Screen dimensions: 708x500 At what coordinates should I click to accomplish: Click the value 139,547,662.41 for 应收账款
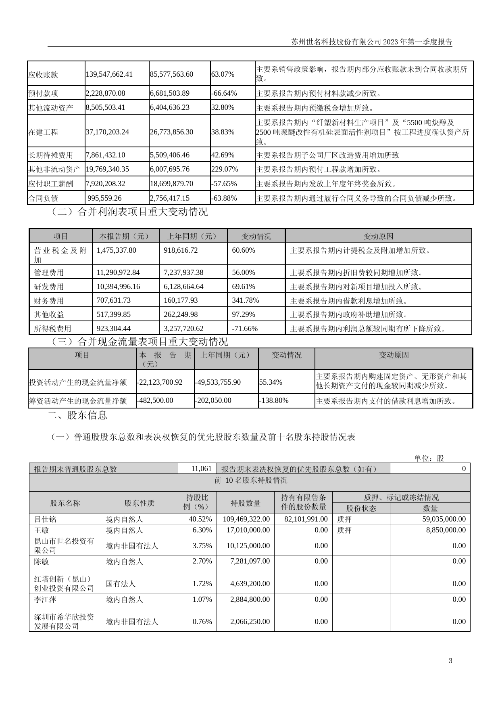click(x=109, y=74)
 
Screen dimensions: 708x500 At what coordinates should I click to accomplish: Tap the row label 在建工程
click(x=43, y=132)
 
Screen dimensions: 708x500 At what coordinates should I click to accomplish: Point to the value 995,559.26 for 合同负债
click(x=104, y=198)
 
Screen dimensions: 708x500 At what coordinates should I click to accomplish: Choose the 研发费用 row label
click(x=49, y=287)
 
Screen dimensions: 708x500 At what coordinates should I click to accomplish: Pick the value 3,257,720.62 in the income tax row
click(x=183, y=329)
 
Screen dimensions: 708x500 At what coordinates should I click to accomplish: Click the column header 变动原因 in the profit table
click(x=378, y=236)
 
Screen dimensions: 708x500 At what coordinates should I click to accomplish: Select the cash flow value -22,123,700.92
click(x=160, y=382)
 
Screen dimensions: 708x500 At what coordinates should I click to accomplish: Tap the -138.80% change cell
click(x=274, y=400)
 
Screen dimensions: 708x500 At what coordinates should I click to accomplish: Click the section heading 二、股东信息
click(x=77, y=415)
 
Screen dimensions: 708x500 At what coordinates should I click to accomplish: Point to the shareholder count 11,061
click(x=201, y=469)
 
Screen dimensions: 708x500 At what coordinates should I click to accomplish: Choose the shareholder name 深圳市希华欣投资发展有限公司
click(x=64, y=622)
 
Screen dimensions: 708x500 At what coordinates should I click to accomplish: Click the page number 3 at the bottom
click(x=450, y=661)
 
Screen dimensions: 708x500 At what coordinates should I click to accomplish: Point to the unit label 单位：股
click(x=429, y=458)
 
